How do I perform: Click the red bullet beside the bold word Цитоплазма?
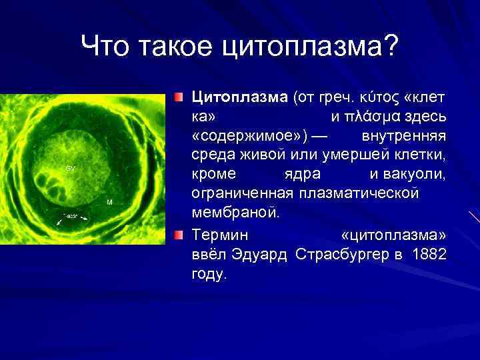(178, 98)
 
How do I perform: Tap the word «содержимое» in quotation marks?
(250, 137)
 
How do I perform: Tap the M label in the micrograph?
(109, 201)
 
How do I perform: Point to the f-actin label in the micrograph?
(70, 218)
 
